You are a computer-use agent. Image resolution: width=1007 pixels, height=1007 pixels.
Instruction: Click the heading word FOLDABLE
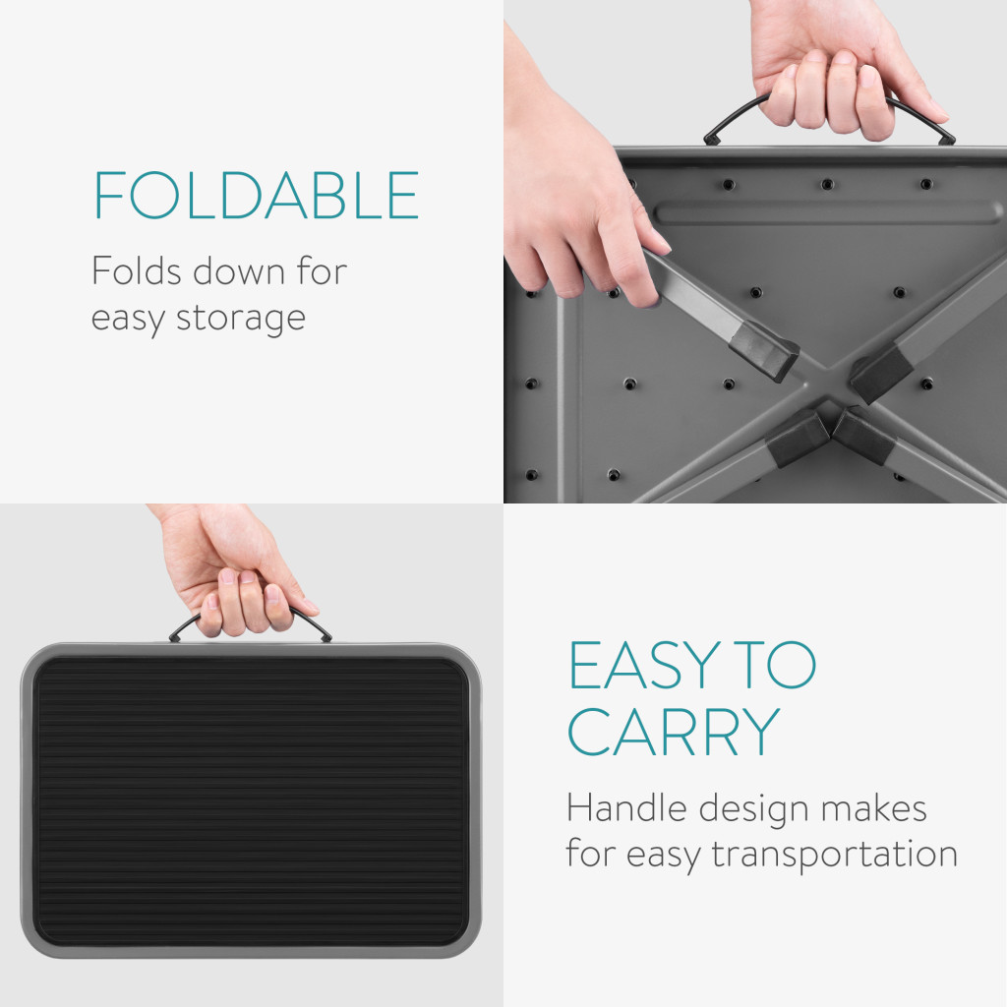(257, 196)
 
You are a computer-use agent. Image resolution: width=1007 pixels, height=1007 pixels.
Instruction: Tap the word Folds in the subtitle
(137, 270)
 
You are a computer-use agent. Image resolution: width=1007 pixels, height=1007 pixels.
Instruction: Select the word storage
(241, 319)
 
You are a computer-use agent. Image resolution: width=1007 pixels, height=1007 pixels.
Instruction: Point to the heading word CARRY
(674, 732)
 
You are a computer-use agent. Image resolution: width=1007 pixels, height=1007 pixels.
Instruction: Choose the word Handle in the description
(627, 807)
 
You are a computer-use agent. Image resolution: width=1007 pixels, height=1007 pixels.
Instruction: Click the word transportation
(835, 855)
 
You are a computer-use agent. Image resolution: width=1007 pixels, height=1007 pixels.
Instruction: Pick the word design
(753, 808)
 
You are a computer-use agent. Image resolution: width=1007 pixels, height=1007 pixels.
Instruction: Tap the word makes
(873, 808)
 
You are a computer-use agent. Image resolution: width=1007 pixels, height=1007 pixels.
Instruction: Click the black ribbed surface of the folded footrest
(251, 800)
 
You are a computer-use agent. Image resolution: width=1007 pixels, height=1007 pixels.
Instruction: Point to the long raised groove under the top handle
(828, 212)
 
